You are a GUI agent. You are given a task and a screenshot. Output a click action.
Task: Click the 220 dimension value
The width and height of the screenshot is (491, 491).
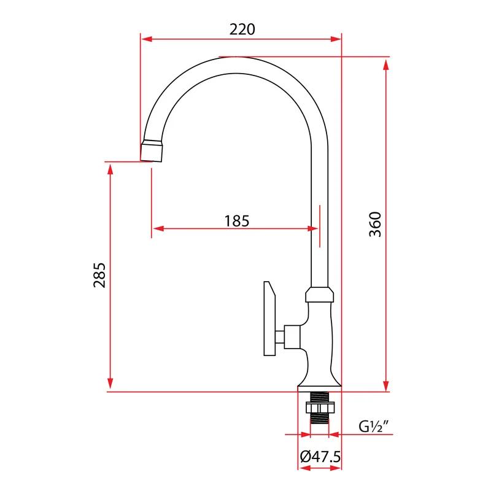tap(242, 29)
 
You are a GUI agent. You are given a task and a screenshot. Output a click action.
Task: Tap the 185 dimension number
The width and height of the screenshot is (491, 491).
tap(237, 221)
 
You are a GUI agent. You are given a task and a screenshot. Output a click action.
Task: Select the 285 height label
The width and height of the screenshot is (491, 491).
tap(99, 275)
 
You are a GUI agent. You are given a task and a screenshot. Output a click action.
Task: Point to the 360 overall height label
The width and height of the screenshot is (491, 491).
tap(375, 224)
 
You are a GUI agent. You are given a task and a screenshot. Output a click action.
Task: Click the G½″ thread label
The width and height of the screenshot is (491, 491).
tap(374, 426)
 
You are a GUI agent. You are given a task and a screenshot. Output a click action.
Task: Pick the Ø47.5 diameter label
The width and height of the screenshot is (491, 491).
tap(320, 457)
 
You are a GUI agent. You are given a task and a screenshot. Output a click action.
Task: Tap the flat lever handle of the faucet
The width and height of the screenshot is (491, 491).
tap(269, 318)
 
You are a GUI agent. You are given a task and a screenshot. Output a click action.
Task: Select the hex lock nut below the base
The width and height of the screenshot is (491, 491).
tap(320, 408)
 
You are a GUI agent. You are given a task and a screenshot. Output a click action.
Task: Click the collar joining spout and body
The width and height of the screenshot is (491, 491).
tap(319, 295)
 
